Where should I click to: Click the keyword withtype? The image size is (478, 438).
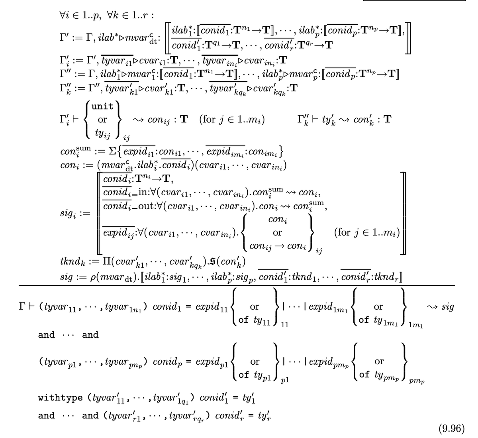pyautogui.click(x=60, y=398)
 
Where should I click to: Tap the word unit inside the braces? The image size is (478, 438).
pyautogui.click(x=102, y=106)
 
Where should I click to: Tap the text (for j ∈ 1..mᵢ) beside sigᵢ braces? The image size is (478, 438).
pyautogui.click(x=367, y=232)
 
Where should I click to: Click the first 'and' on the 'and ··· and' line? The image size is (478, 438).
pyautogui.click(x=46, y=335)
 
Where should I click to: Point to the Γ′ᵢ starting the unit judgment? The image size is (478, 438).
pyautogui.click(x=63, y=119)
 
